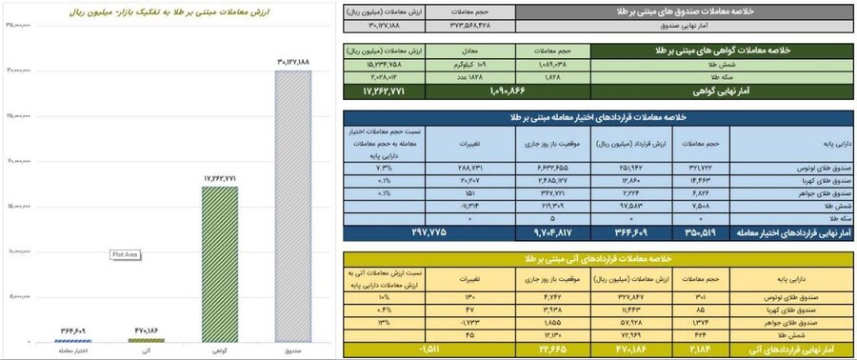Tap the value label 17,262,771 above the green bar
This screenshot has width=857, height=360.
pyautogui.click(x=220, y=178)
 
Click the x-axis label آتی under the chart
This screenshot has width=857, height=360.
pyautogui.click(x=147, y=351)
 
